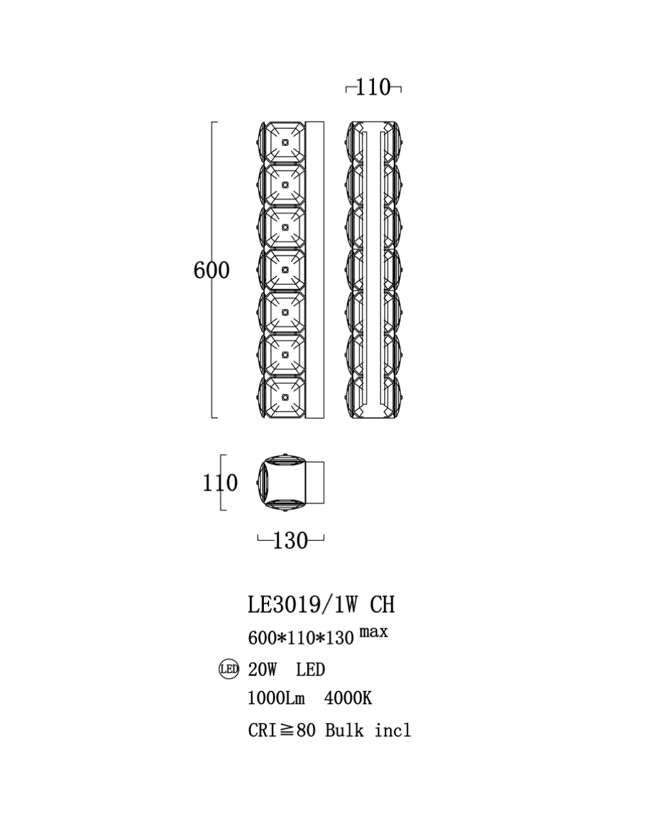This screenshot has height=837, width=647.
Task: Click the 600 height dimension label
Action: pyautogui.click(x=211, y=270)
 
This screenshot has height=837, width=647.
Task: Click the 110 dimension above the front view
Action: pyautogui.click(x=373, y=87)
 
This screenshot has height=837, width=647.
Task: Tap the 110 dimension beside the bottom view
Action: pyautogui.click(x=220, y=483)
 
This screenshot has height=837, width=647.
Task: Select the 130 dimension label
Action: pyautogui.click(x=290, y=541)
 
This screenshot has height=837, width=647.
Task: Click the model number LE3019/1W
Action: pyautogui.click(x=303, y=605)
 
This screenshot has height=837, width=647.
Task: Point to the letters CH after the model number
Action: pyautogui.click(x=382, y=605)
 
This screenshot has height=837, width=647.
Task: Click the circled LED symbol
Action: pyautogui.click(x=229, y=670)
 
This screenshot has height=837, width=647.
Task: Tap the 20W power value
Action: pyautogui.click(x=263, y=670)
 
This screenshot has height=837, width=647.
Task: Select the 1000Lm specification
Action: pyautogui.click(x=276, y=699)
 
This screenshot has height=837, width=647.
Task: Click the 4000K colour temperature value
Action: pyautogui.click(x=348, y=699)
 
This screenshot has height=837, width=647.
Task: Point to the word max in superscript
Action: pyautogui.click(x=373, y=632)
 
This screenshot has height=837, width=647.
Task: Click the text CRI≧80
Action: pyautogui.click(x=281, y=731)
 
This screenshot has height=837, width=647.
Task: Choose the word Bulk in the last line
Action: pyautogui.click(x=344, y=731)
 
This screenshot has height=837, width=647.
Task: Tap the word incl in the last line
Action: pyautogui.click(x=393, y=731)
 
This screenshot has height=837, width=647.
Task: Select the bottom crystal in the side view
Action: pyautogui.click(x=282, y=398)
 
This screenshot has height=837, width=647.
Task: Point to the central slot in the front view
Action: pyautogui.click(x=373, y=270)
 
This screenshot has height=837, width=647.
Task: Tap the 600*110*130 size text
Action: pyautogui.click(x=301, y=638)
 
